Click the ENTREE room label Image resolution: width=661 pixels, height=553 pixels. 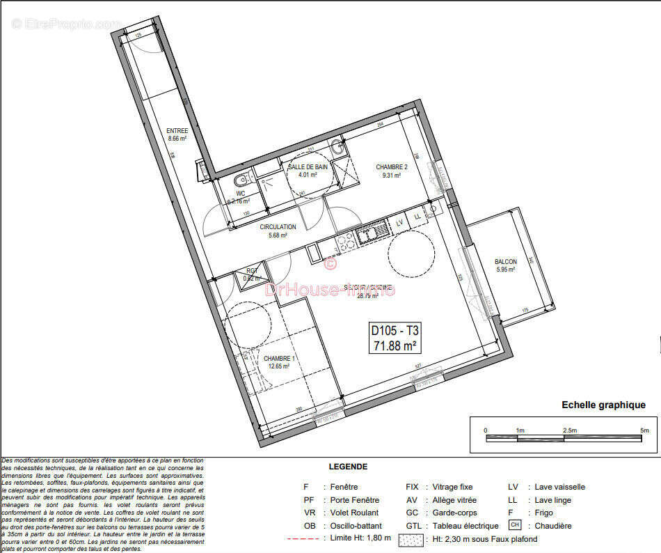click(177, 131)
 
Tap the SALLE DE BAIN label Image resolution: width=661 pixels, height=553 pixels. click(308, 167)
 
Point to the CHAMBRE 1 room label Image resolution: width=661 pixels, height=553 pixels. click(279, 359)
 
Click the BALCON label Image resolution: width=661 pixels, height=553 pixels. click(506, 262)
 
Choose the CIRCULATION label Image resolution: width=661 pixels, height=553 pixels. click(278, 227)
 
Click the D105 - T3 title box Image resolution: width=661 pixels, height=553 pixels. click(395, 338)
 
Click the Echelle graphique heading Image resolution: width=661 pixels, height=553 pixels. click(603, 405)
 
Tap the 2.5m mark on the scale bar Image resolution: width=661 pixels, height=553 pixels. click(569, 430)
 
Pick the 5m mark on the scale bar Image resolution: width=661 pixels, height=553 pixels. click(644, 430)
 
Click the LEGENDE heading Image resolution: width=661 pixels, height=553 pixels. click(348, 467)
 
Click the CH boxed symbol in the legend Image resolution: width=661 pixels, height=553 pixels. click(514, 524)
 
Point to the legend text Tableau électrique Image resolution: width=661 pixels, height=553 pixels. click(465, 526)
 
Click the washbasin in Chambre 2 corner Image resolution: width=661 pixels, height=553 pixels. click(337, 148)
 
